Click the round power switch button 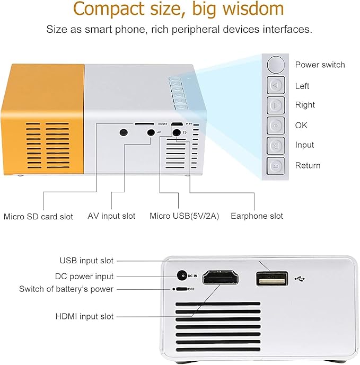pyautogui.click(x=276, y=65)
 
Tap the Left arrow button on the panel pyautogui.click(x=276, y=86)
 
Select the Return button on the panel pyautogui.click(x=276, y=165)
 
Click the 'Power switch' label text pyautogui.click(x=320, y=65)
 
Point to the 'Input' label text pyautogui.click(x=304, y=145)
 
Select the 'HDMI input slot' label pyautogui.click(x=84, y=316)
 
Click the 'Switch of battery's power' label pyautogui.click(x=66, y=289)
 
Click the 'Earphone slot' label pyautogui.click(x=257, y=216)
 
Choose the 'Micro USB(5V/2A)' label pyautogui.click(x=184, y=216)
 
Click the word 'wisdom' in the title pyautogui.click(x=250, y=9)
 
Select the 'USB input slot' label pyautogui.click(x=86, y=260)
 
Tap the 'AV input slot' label pyautogui.click(x=111, y=216)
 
